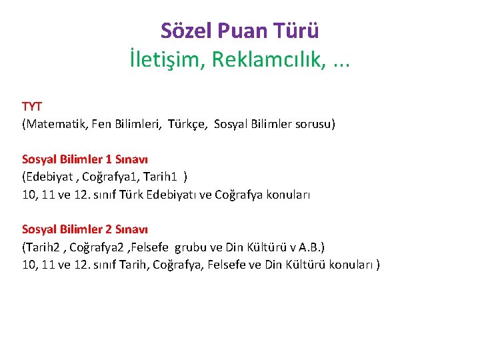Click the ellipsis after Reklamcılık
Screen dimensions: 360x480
pyautogui.click(x=341, y=63)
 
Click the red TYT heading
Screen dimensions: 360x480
pyautogui.click(x=32, y=107)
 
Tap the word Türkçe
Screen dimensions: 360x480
pyautogui.click(x=187, y=123)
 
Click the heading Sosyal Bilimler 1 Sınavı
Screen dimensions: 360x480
pyautogui.click(x=85, y=159)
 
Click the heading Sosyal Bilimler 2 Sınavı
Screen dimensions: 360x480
pyautogui.click(x=85, y=229)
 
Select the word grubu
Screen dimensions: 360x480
pyautogui.click(x=191, y=247)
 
